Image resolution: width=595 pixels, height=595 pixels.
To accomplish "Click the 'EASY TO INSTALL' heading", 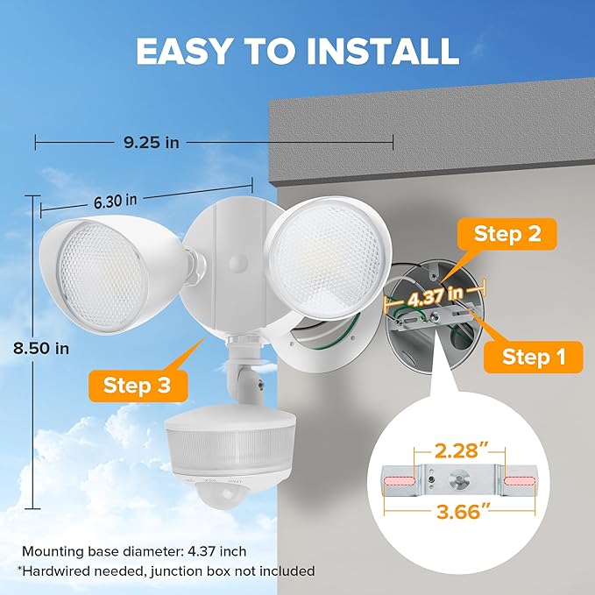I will pos(297,51).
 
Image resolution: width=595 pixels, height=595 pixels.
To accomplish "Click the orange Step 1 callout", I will pos(531,357).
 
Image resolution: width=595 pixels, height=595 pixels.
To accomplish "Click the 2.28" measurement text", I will pos(461,453).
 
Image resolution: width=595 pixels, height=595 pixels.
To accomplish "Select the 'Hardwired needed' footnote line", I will pos(166,571).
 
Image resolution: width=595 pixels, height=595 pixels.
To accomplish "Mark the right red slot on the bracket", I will pos(522,481).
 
